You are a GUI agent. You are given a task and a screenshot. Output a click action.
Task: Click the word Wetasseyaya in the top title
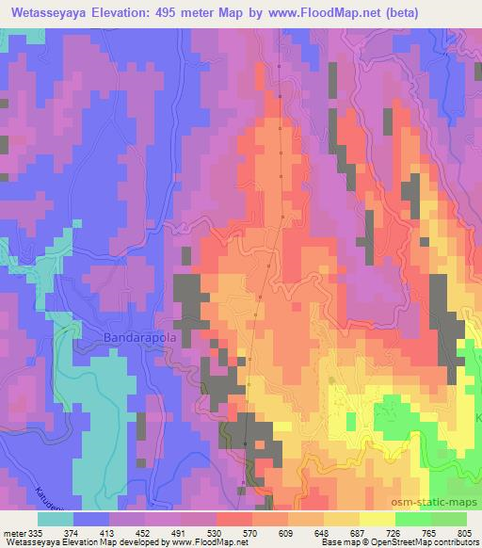tap(42, 12)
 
